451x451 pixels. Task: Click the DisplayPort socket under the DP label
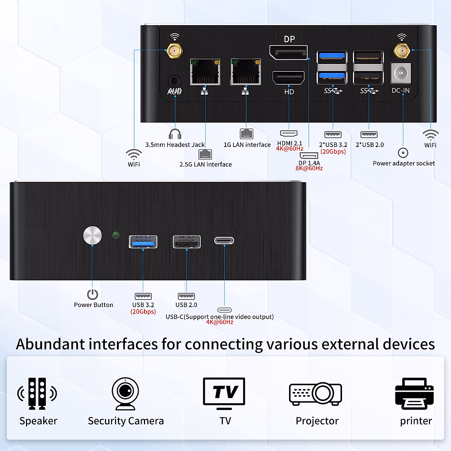(x=288, y=52)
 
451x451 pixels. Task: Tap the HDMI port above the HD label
(x=288, y=77)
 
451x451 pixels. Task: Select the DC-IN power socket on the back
(x=401, y=73)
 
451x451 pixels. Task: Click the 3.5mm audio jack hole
(x=175, y=81)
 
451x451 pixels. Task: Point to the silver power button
(x=92, y=235)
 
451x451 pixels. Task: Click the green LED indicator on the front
(x=116, y=235)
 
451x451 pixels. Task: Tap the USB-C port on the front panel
(x=224, y=241)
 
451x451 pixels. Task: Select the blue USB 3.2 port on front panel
(x=143, y=242)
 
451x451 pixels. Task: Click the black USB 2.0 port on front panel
(x=186, y=242)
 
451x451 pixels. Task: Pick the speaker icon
(x=37, y=393)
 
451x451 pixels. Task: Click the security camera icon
(x=125, y=393)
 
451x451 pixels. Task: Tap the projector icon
(x=315, y=393)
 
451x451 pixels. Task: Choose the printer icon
(x=414, y=393)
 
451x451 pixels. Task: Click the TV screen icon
(x=224, y=393)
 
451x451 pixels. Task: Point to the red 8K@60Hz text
(x=309, y=168)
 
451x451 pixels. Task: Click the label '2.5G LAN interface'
(x=206, y=164)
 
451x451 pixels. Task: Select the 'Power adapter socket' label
(x=404, y=163)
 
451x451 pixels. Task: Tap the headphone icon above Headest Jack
(x=175, y=134)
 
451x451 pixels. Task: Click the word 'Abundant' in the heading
(x=50, y=344)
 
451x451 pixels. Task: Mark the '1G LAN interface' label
(x=247, y=145)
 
